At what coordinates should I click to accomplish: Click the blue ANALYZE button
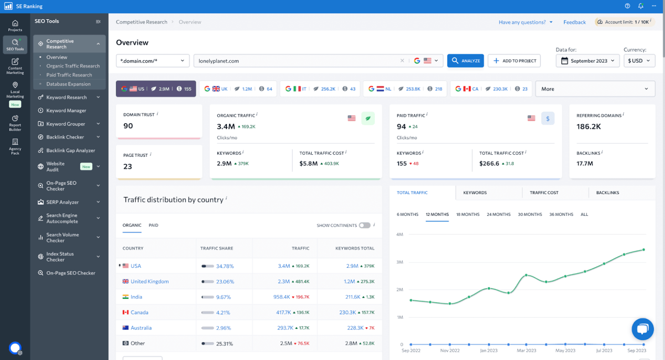(x=465, y=61)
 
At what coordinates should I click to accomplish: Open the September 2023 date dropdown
(x=588, y=61)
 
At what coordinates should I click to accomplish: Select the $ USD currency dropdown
(x=639, y=61)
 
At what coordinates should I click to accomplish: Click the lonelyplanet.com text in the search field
(x=219, y=61)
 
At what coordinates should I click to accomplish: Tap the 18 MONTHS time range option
(x=468, y=214)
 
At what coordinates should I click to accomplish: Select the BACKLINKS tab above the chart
(x=607, y=193)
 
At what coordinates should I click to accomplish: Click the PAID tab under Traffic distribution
(x=153, y=225)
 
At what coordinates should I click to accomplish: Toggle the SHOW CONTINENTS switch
(x=365, y=225)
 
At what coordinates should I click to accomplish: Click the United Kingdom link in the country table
(x=149, y=282)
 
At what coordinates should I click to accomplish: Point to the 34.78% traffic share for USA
(x=225, y=266)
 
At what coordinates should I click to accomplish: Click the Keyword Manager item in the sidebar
(x=66, y=110)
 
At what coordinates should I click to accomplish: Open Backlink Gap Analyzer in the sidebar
(x=71, y=150)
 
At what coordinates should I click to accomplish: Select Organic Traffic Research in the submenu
(x=73, y=66)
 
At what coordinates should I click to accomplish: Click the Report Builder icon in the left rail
(x=15, y=123)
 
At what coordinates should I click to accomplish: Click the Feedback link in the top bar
(x=574, y=22)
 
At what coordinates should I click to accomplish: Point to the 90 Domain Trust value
(x=128, y=126)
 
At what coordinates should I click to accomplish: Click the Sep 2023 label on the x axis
(x=636, y=350)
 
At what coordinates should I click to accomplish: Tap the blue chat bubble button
(x=642, y=329)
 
